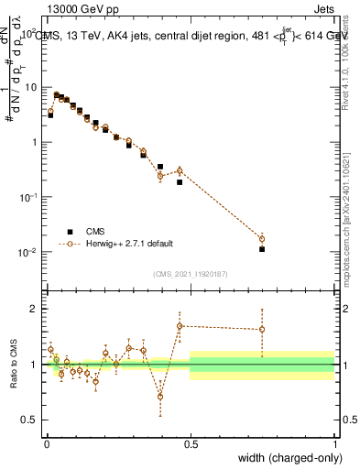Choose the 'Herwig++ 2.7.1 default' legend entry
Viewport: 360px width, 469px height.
coord(128,244)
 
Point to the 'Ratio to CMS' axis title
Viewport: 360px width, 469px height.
coord(12,364)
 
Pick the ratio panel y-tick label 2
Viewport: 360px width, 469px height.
coord(32,309)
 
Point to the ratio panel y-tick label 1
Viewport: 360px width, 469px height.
coord(32,365)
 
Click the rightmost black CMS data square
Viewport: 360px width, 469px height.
coord(262,249)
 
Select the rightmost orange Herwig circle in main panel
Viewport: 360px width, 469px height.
coord(262,238)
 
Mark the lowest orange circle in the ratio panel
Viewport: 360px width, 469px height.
coord(160,397)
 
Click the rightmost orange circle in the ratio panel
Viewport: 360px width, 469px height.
coord(262,329)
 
